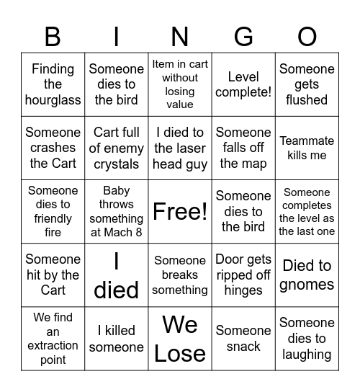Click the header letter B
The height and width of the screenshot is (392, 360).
pos(53,36)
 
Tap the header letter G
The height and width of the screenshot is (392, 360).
pos(243,36)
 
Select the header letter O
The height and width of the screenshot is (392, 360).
pos(307,36)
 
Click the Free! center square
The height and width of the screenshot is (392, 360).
pos(180,211)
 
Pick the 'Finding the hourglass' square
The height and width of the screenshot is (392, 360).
pos(53,84)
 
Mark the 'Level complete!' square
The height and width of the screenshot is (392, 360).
pos(243,84)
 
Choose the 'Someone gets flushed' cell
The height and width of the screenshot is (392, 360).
pos(307,84)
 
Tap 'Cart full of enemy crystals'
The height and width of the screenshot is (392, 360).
pos(117,148)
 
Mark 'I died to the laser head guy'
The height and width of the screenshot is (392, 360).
pos(180,148)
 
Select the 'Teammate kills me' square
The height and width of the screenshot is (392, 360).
pos(307,148)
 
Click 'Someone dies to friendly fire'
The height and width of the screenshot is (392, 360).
pos(53,211)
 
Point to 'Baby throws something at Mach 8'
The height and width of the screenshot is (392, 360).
pos(117,211)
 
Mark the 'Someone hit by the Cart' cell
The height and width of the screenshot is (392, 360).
pos(53,275)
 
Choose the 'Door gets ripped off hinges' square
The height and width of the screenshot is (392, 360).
pos(243,275)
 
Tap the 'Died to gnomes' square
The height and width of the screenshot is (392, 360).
pos(307,275)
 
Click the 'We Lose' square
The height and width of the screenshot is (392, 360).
pos(180,339)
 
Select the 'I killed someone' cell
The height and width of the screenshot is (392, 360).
pos(117,339)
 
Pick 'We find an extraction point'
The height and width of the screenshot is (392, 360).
pos(53,339)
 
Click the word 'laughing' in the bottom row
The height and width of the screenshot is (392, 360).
pos(307,355)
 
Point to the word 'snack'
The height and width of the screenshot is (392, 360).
pos(243,347)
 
